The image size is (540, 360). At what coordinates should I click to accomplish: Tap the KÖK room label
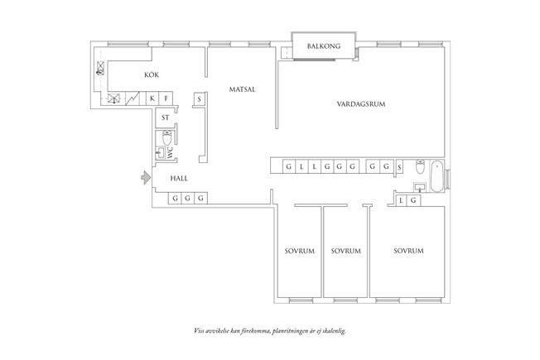click(x=151, y=76)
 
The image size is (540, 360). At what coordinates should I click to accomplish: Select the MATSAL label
click(x=242, y=89)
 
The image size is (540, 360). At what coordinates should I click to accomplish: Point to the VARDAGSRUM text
click(x=361, y=103)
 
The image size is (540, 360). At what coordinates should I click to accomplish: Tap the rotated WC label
click(x=171, y=152)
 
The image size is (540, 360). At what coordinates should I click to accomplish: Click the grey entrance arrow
click(x=144, y=176)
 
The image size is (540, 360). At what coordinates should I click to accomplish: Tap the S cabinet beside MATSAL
click(x=200, y=99)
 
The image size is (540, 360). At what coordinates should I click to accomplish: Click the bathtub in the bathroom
click(x=436, y=174)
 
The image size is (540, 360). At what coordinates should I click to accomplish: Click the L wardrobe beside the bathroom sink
click(x=401, y=199)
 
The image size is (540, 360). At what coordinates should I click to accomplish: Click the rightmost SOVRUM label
click(x=408, y=251)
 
